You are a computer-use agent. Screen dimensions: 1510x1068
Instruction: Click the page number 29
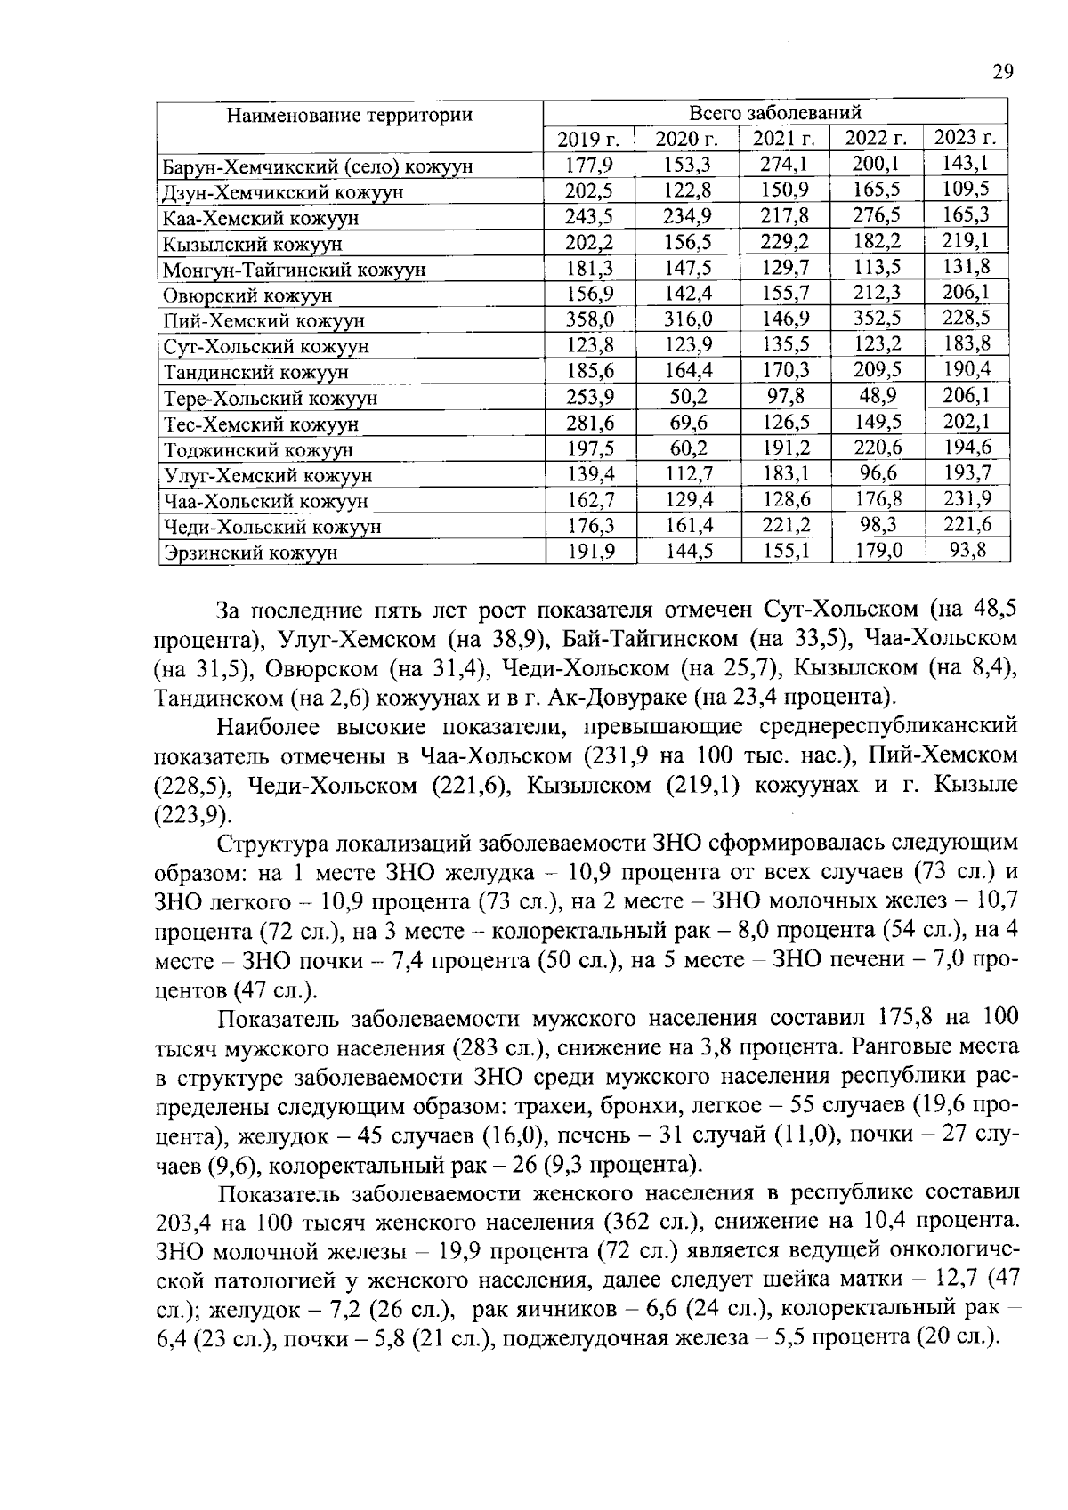pos(1002,73)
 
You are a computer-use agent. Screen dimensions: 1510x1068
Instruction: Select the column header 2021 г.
pos(784,138)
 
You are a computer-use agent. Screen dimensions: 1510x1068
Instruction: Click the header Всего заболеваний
pos(775,113)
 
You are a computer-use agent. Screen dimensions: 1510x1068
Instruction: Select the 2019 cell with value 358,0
pos(591,319)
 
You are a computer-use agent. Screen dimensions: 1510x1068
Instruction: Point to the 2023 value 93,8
pos(967,550)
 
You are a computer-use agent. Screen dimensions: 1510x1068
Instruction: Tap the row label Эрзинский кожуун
pos(250,553)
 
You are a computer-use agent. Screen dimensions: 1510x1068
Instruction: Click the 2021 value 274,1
pos(784,164)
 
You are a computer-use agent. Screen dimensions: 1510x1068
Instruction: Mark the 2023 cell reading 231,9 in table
pos(967,498)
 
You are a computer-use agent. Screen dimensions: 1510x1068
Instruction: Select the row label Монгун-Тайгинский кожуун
pos(294,269)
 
